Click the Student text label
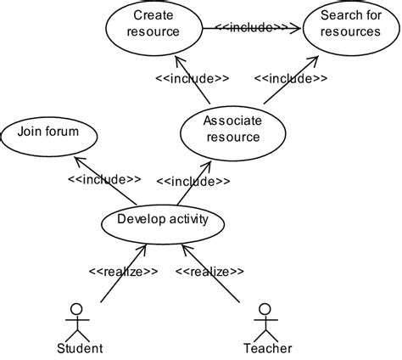point(80,348)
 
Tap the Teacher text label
point(268,348)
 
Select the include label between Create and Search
point(252,27)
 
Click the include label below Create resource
point(192,79)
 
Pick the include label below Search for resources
point(290,79)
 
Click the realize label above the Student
point(122,272)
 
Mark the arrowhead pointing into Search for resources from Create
point(298,27)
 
